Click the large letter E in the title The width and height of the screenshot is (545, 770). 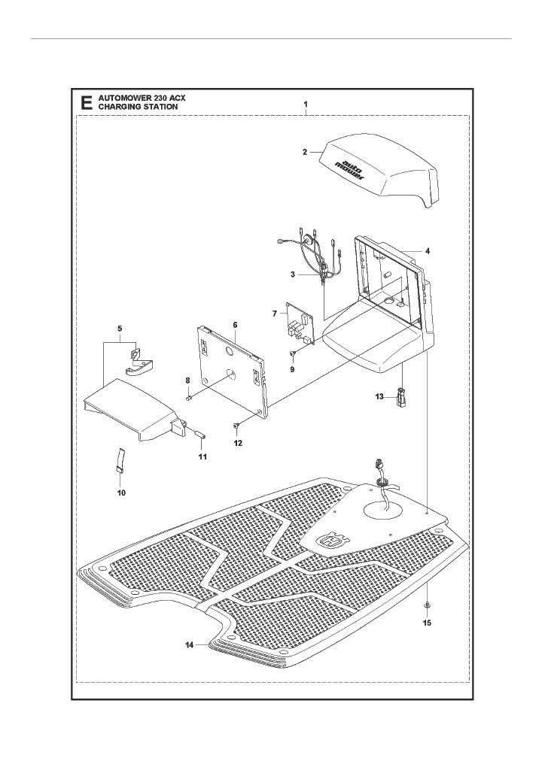pos(87,103)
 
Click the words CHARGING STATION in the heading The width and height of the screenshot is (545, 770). pos(139,107)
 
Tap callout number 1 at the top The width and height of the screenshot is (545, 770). pos(305,102)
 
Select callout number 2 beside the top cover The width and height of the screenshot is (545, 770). pos(304,152)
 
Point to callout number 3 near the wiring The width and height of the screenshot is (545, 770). pos(292,274)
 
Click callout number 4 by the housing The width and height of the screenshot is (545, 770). pos(427,250)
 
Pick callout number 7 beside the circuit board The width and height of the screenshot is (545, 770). pos(275,311)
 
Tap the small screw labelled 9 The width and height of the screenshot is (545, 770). pos(294,353)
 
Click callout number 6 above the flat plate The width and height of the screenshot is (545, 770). pos(235,325)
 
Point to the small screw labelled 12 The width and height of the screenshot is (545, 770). pos(237,427)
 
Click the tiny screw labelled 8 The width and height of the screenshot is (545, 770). pos(190,396)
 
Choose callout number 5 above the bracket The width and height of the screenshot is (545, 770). pos(119,329)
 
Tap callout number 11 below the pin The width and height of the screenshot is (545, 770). pos(202,456)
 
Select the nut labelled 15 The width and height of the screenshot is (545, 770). pos(427,605)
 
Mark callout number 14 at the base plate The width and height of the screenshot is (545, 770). pos(189,645)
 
